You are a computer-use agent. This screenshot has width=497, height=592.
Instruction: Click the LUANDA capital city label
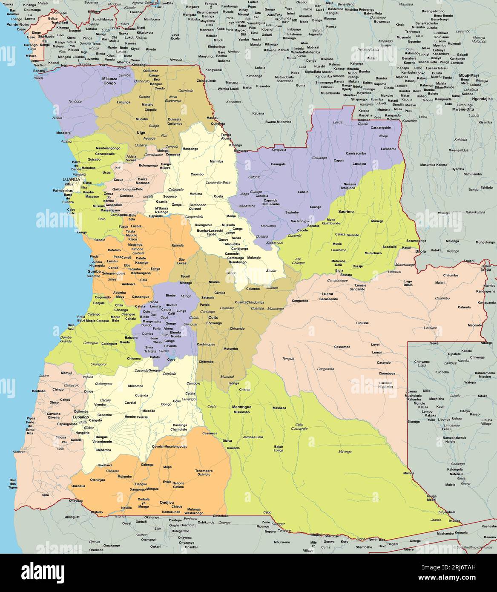tap(71, 179)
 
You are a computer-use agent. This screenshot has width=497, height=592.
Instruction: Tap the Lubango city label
tap(80, 417)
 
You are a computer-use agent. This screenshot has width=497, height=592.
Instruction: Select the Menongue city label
tap(241, 407)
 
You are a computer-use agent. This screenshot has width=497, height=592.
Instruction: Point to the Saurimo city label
tap(346, 211)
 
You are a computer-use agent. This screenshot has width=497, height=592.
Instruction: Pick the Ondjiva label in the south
tap(167, 502)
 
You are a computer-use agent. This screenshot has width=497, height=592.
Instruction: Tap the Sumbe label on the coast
tap(94, 271)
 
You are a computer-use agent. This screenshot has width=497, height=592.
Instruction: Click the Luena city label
tap(327, 294)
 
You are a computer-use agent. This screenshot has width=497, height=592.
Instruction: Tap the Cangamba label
tap(325, 368)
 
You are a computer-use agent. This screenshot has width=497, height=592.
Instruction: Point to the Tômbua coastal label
tap(18, 451)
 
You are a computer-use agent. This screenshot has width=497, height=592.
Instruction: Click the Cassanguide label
tap(380, 127)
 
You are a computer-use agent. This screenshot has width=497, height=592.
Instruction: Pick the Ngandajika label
tap(482, 98)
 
